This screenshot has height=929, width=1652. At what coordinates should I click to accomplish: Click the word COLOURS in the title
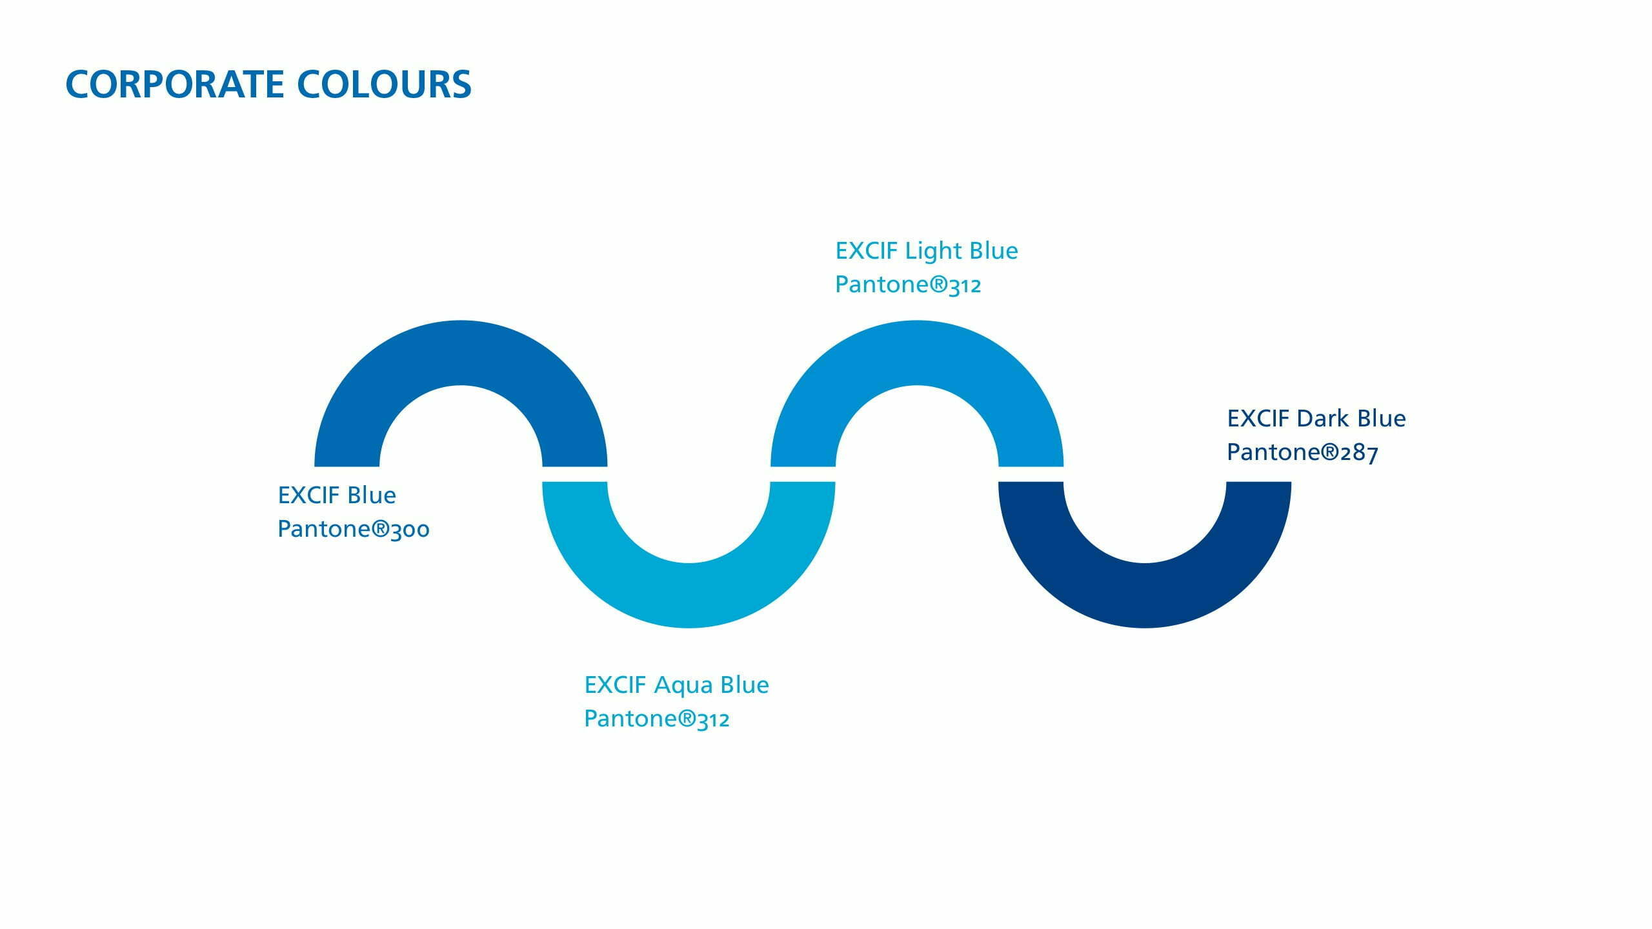pyautogui.click(x=385, y=85)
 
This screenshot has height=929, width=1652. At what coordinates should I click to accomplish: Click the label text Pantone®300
pyautogui.click(x=354, y=529)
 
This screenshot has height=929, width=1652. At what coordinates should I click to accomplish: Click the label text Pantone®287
pyautogui.click(x=1302, y=452)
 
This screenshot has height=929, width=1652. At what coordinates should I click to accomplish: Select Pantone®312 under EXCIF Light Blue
pyautogui.click(x=908, y=285)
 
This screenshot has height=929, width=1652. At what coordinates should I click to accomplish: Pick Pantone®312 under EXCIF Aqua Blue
pyautogui.click(x=657, y=719)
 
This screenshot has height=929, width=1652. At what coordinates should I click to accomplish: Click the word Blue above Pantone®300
pyautogui.click(x=372, y=495)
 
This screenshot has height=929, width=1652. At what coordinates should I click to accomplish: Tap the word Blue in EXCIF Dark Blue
pyautogui.click(x=1382, y=419)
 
